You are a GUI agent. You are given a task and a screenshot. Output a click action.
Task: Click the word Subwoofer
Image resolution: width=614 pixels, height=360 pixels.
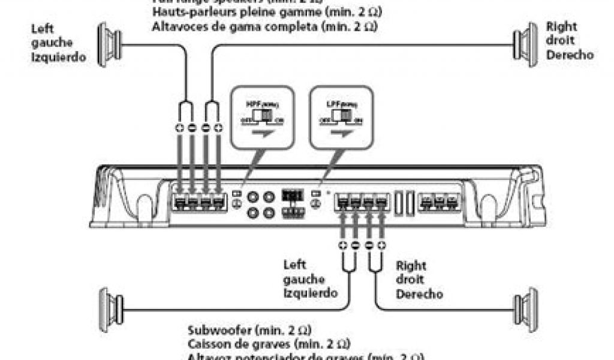tap(218, 331)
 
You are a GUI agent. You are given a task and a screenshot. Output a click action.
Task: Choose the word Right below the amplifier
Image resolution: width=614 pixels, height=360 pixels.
tap(411, 265)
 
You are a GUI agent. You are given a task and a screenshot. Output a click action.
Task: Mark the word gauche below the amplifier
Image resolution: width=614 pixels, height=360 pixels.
tap(303, 280)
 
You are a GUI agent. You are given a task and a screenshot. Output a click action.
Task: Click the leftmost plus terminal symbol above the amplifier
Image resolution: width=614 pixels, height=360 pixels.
tap(180, 128)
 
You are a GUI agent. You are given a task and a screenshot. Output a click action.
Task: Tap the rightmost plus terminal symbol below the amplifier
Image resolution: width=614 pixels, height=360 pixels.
tap(381, 245)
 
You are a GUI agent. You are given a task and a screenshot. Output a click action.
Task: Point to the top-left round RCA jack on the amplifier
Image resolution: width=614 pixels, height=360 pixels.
tap(254, 196)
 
